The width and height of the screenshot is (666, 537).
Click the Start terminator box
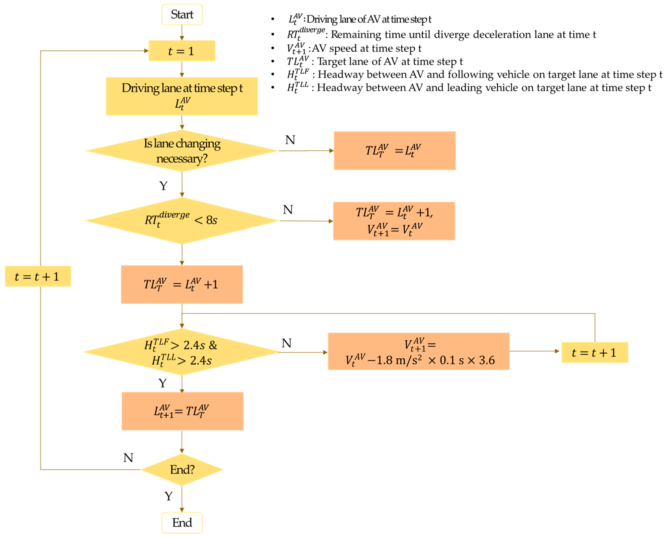(x=182, y=14)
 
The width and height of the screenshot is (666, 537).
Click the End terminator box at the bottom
(x=182, y=523)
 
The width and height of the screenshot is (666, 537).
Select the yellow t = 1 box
(x=182, y=51)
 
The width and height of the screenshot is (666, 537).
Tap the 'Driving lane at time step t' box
(x=182, y=96)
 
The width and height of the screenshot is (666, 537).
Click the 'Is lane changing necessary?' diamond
(x=182, y=151)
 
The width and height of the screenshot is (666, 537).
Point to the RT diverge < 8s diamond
(x=182, y=221)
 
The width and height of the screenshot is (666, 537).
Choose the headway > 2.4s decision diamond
(x=182, y=352)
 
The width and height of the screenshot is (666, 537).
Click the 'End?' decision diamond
(x=182, y=469)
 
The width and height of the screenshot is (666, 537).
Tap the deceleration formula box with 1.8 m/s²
(x=418, y=351)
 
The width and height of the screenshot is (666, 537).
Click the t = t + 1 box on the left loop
(x=38, y=276)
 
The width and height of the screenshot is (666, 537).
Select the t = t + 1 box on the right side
(x=594, y=352)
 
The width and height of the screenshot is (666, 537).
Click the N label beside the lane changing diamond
(x=290, y=140)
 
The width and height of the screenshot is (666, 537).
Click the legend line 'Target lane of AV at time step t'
(x=389, y=62)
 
